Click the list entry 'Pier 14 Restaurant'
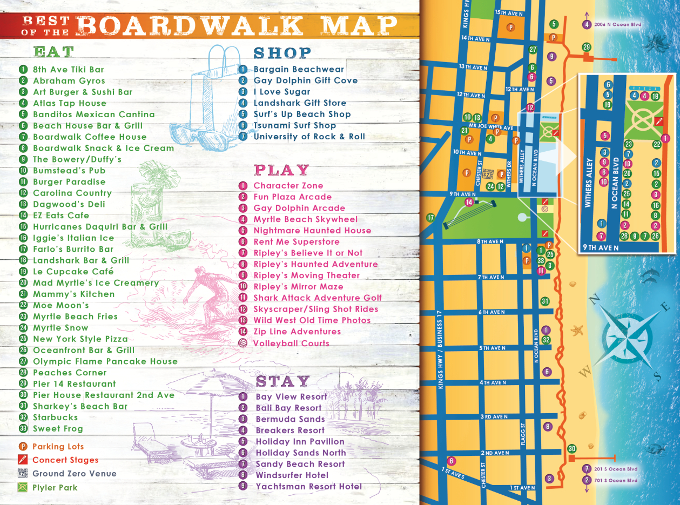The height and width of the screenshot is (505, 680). point(74,384)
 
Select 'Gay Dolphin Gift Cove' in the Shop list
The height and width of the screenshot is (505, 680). point(305,80)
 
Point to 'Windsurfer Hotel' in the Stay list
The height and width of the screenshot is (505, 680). point(292,475)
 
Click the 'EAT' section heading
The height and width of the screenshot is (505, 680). point(53,52)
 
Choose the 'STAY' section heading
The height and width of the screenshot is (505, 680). point(282,381)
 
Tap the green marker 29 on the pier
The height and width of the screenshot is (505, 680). point(587,48)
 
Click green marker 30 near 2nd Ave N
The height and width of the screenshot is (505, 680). point(571,449)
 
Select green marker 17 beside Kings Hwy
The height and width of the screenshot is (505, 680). point(430,218)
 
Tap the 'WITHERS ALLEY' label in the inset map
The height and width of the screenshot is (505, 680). point(588,183)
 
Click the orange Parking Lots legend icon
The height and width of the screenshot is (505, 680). point(23,447)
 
